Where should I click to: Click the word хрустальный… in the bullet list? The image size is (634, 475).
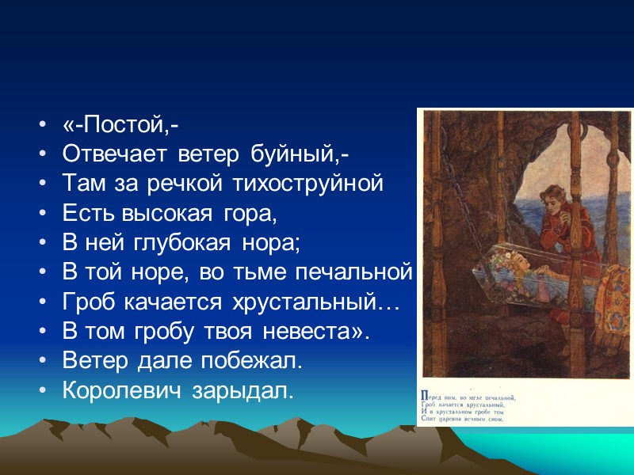(317, 302)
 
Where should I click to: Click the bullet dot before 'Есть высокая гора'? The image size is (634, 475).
(41, 215)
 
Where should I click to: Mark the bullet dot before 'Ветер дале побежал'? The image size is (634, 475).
(41, 361)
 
